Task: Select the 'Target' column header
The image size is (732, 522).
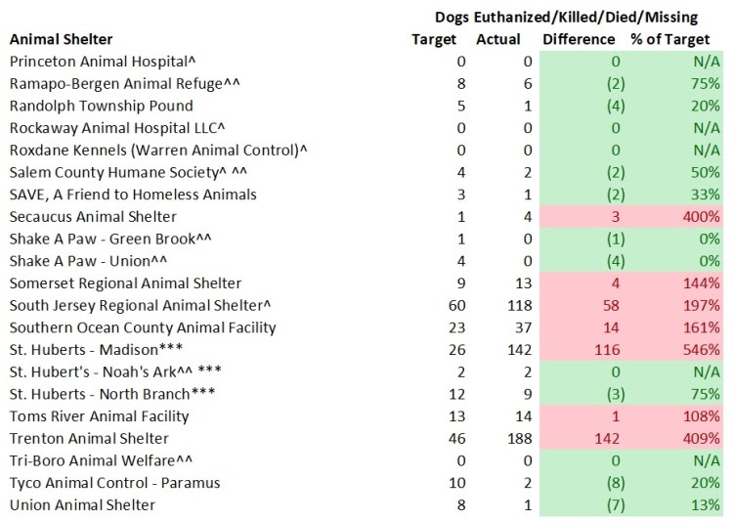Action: point(434,40)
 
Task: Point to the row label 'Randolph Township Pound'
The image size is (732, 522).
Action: point(101,106)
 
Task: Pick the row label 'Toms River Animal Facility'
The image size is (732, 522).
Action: point(99,416)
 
